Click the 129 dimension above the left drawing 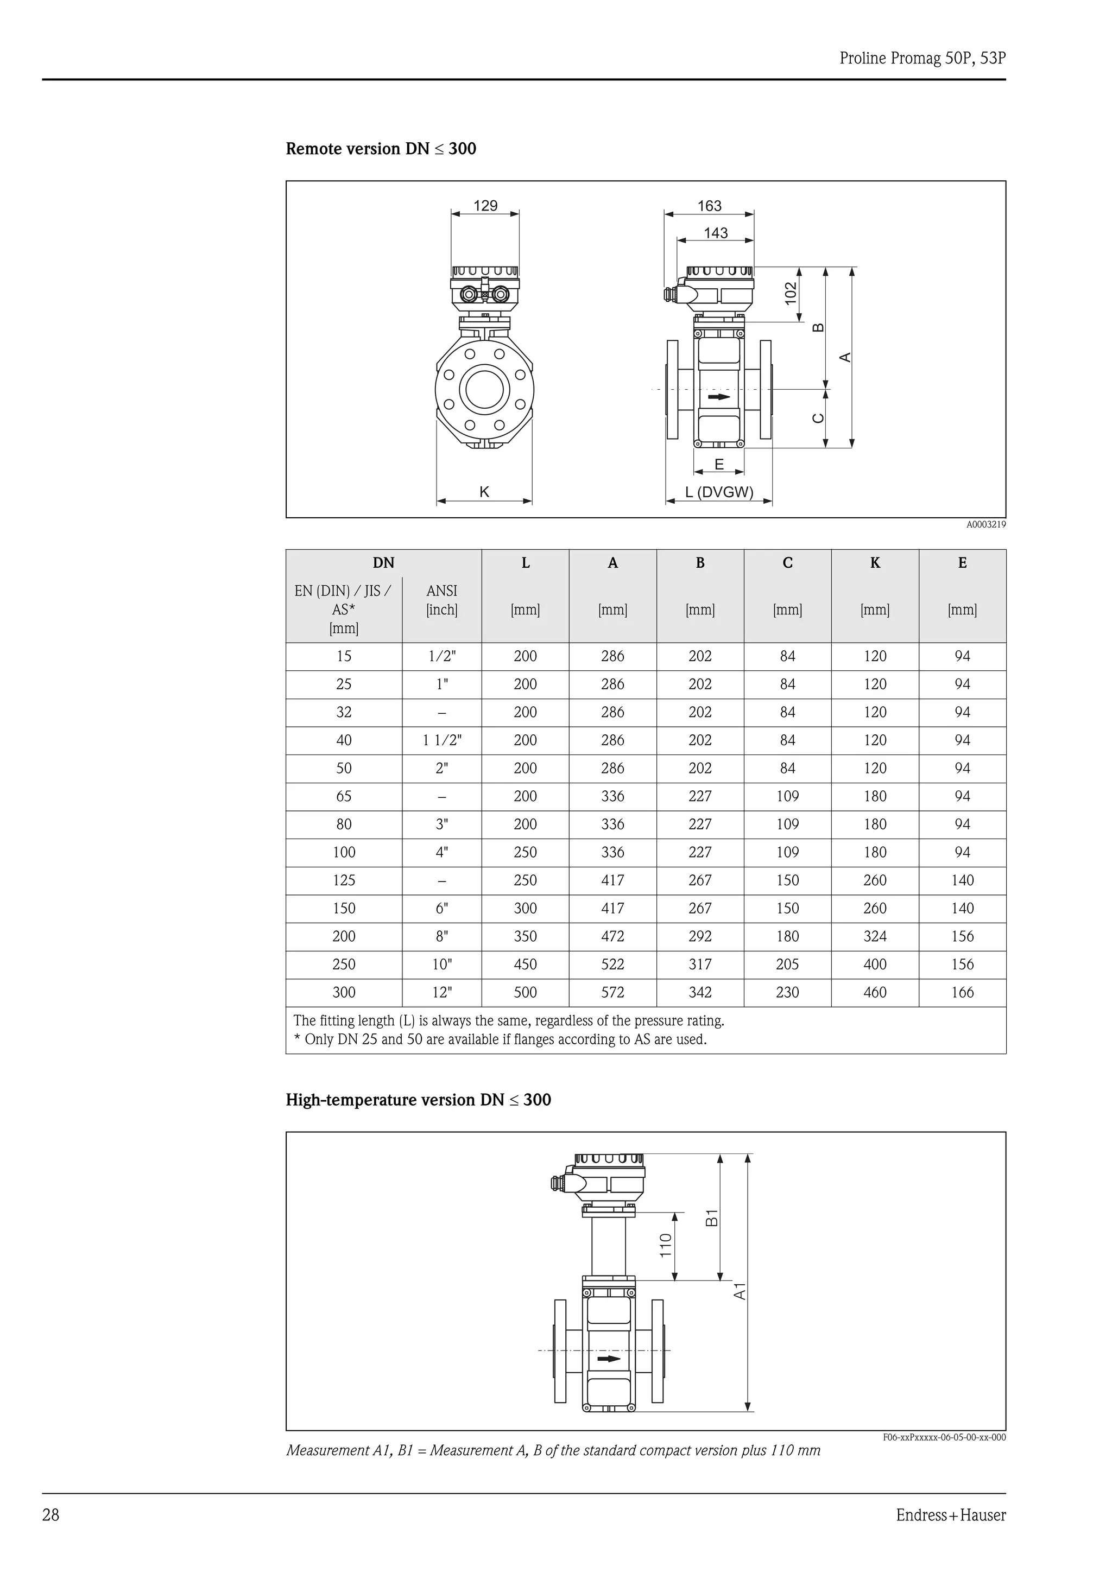point(485,206)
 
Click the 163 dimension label point(709,206)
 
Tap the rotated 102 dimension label point(791,293)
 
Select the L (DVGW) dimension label point(719,492)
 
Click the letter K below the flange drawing point(484,492)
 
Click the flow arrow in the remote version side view point(719,397)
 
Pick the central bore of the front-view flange point(484,390)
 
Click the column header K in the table point(875,563)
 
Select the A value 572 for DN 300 point(612,993)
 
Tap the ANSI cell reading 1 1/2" point(442,740)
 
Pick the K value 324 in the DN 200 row point(875,936)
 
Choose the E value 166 point(962,993)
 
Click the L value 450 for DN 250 point(525,965)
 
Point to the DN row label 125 point(344,880)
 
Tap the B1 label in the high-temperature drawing point(712,1217)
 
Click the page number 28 point(50,1515)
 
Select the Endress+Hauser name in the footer point(950,1515)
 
